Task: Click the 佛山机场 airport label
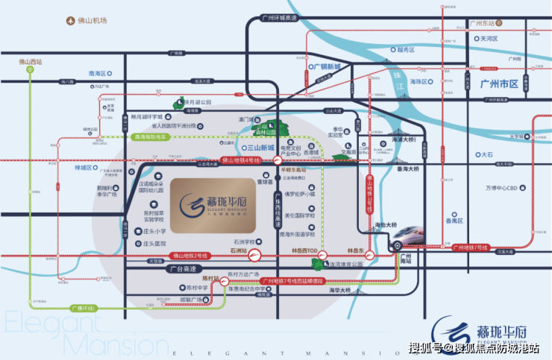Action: (89, 20)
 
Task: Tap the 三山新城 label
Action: (257, 148)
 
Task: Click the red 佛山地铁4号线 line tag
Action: (244, 161)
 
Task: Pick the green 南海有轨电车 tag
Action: (153, 137)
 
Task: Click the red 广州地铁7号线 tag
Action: (470, 247)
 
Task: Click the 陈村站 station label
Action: (216, 278)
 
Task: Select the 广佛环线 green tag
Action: (85, 307)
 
